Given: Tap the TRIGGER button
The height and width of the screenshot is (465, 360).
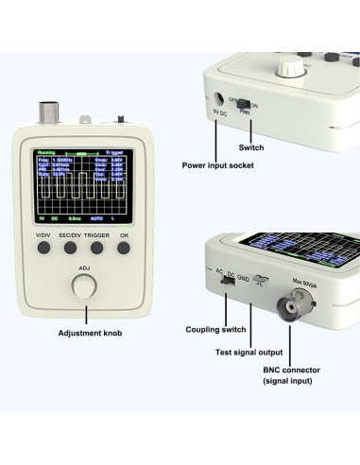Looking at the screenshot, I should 96,248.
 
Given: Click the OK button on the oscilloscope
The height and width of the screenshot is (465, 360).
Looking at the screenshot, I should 124,248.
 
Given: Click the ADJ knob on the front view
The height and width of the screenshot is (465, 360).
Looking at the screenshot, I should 84,290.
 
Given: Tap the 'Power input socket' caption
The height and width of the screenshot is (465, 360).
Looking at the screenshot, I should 219,164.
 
